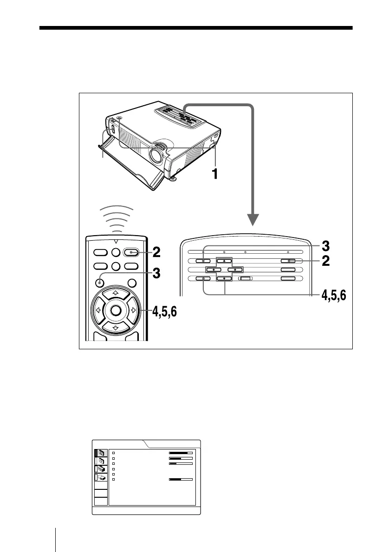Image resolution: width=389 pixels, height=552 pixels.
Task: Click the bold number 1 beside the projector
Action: pyautogui.click(x=214, y=173)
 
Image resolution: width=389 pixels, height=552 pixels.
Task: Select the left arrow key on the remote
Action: pyautogui.click(x=98, y=310)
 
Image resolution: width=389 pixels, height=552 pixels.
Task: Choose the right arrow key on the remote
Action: pyautogui.click(x=133, y=310)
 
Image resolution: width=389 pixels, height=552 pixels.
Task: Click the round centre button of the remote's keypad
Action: pyautogui.click(x=115, y=310)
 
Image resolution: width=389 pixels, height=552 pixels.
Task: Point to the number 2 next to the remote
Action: pyautogui.click(x=157, y=252)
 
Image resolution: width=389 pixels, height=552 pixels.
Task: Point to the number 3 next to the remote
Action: pyautogui.click(x=157, y=274)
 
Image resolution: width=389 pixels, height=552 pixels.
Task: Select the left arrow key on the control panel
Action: pyautogui.click(x=213, y=270)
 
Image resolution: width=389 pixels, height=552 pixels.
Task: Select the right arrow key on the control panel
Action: pyautogui.click(x=235, y=270)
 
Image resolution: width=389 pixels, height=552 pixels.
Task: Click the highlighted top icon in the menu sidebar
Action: pyautogui.click(x=101, y=453)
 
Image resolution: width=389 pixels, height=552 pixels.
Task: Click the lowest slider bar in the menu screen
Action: pyautogui.click(x=181, y=479)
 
